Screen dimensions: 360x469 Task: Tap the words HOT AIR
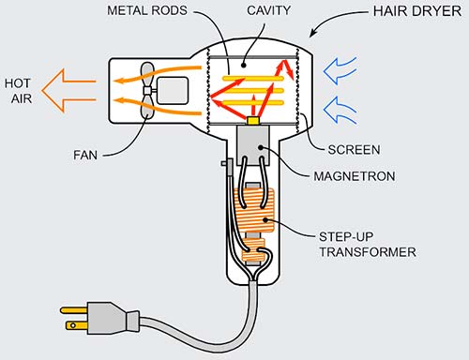[20, 91]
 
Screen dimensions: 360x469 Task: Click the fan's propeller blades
[147, 91]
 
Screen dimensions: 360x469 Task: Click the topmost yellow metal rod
[255, 69]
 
